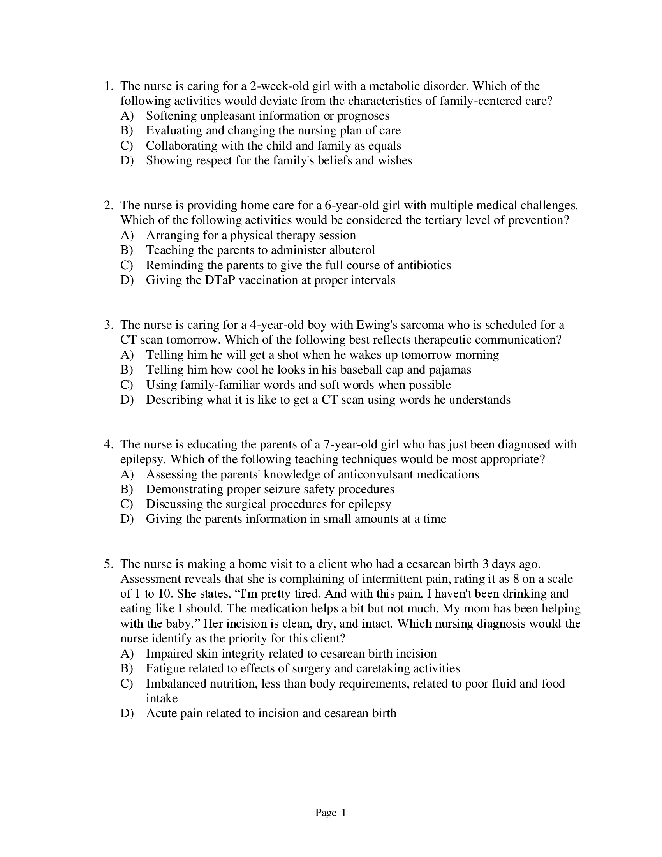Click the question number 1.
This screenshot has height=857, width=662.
pyautogui.click(x=109, y=86)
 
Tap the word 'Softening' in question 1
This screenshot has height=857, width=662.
pyautogui.click(x=171, y=116)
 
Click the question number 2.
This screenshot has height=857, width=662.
pyautogui.click(x=109, y=205)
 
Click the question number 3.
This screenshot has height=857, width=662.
pyautogui.click(x=109, y=325)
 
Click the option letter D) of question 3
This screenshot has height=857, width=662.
pyautogui.click(x=127, y=400)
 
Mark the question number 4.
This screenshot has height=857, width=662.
pyautogui.click(x=109, y=444)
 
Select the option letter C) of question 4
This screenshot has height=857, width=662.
pyautogui.click(x=127, y=504)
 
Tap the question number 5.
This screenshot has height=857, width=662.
pyautogui.click(x=109, y=564)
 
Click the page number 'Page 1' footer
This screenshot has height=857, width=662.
pyautogui.click(x=331, y=813)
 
